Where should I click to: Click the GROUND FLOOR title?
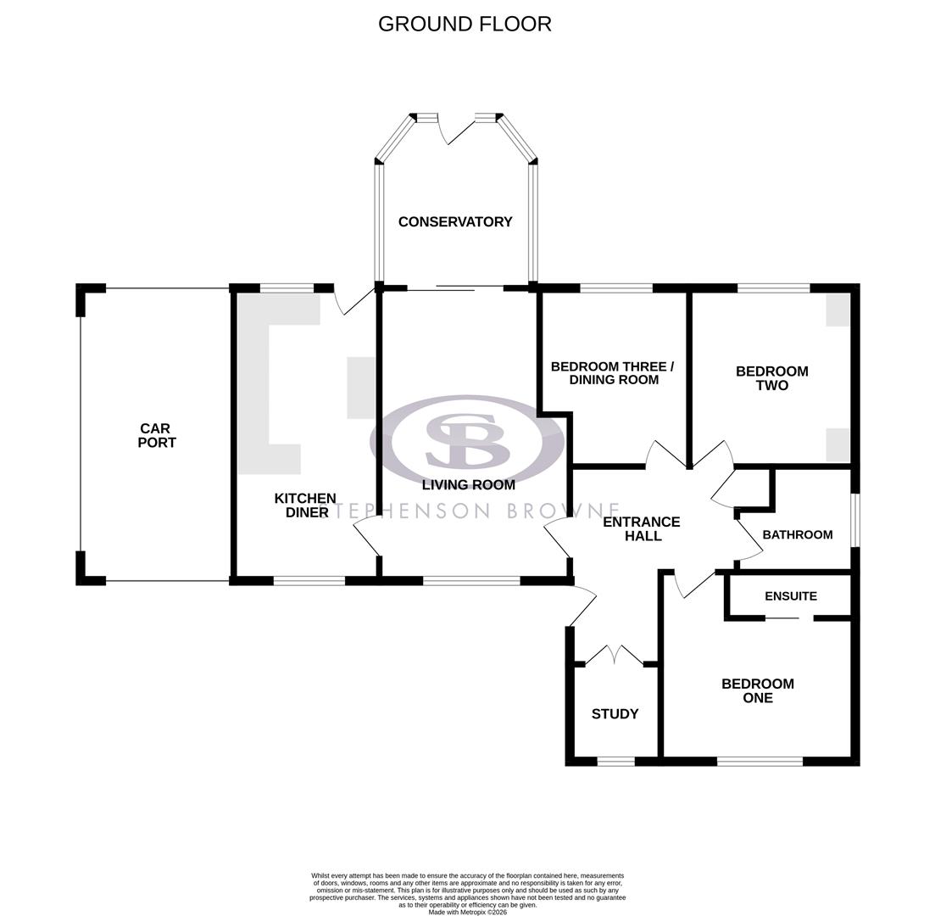tap(465, 24)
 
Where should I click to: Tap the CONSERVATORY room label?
tap(455, 222)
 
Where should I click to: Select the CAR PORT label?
tap(157, 436)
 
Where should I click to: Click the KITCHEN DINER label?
tap(305, 505)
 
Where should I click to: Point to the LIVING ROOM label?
tap(469, 485)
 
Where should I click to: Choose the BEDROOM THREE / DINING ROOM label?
tap(612, 373)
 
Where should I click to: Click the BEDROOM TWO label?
tap(771, 378)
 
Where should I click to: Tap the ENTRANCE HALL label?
tap(642, 529)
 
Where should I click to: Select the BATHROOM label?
tap(797, 535)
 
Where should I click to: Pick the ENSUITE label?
tap(790, 596)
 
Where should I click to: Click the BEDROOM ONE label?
tap(757, 691)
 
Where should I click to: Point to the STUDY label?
tap(615, 714)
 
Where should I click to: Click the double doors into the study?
tap(615, 656)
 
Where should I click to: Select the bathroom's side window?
tap(854, 520)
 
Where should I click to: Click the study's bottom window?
tap(615, 762)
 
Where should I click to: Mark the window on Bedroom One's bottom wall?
tap(760, 762)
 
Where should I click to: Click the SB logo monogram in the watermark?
tap(467, 441)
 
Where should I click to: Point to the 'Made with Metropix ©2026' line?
tap(467, 913)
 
